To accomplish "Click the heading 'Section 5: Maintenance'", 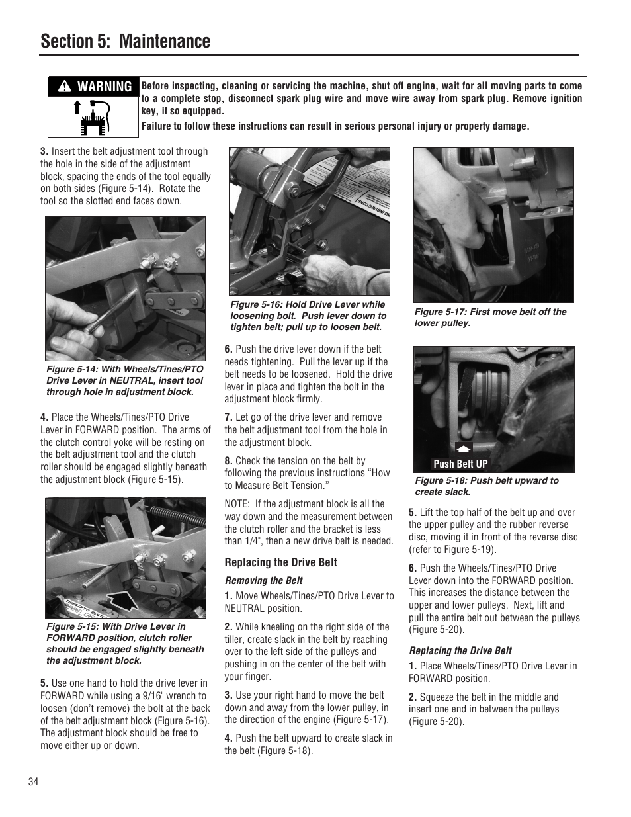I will [125, 41].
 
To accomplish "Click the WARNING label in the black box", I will [94, 87].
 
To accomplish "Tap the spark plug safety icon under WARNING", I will [93, 116].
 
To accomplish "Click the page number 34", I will [34, 782].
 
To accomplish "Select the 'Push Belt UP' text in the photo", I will [460, 464].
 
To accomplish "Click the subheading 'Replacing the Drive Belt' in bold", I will [280, 562].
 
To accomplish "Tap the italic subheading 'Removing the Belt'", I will [263, 581].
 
